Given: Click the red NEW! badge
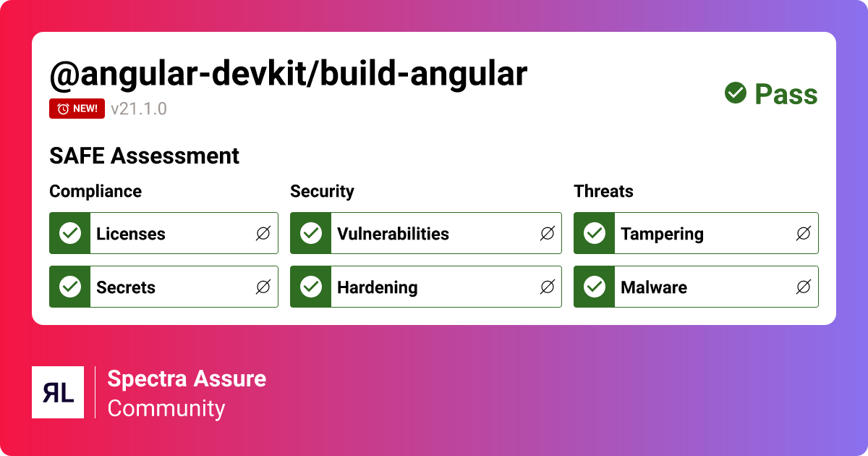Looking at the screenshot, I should [x=77, y=109].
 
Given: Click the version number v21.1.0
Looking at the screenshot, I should [x=139, y=109].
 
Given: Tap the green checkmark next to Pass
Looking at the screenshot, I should [x=736, y=93].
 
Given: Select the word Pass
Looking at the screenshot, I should [x=786, y=94].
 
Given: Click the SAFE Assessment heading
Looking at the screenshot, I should [x=144, y=156].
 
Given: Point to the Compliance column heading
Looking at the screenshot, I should [x=95, y=191].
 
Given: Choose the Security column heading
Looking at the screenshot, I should [x=322, y=191].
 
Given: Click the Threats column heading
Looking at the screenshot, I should [x=603, y=191].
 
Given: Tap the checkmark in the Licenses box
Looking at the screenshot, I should [x=70, y=233].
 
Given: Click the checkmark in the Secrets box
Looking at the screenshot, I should [x=70, y=287].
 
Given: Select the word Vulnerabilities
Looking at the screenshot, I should [x=393, y=234].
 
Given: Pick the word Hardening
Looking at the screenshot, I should [x=377, y=287].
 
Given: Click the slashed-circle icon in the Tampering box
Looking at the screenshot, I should [x=803, y=233].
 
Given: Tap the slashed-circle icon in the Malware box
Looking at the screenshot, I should [x=803, y=287].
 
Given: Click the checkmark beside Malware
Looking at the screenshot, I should [x=595, y=287].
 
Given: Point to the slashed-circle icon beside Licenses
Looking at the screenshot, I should [x=263, y=233].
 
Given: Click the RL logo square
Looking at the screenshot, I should [x=58, y=392].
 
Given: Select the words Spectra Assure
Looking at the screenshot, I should [x=187, y=379].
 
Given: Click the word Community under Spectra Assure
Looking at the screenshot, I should [x=166, y=408].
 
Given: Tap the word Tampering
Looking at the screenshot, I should [x=662, y=234].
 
